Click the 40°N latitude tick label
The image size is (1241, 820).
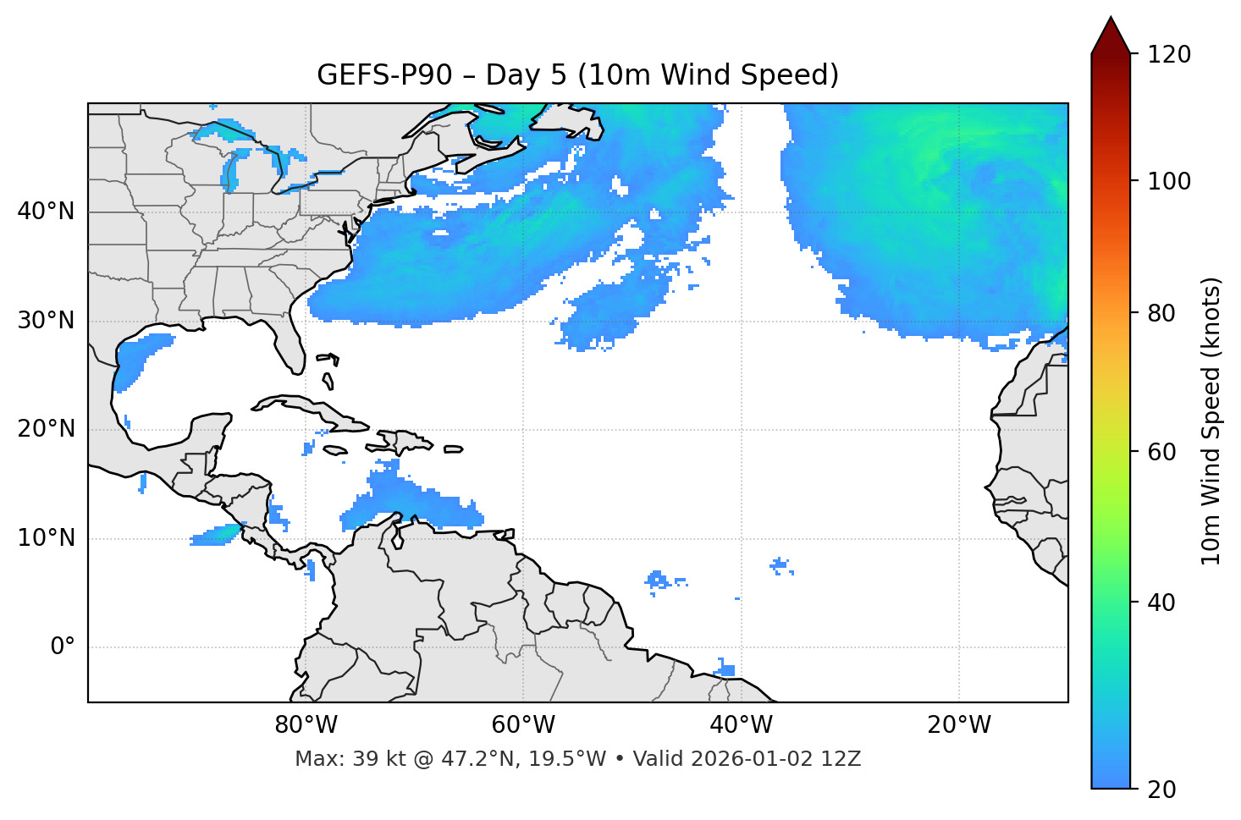[46, 212]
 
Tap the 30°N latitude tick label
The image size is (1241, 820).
[46, 321]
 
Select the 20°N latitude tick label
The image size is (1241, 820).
[46, 429]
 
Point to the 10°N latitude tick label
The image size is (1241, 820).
[46, 538]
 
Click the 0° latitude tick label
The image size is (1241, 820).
[62, 647]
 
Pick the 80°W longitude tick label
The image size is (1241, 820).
[306, 725]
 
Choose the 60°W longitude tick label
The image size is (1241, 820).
[523, 725]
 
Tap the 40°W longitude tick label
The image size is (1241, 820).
[741, 725]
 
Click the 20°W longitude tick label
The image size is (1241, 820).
[959, 725]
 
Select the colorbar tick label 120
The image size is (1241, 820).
[1169, 55]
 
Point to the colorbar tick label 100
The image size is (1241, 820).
[1169, 182]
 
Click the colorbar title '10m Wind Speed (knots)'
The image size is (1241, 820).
[1211, 421]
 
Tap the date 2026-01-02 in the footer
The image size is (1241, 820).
[753, 759]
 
